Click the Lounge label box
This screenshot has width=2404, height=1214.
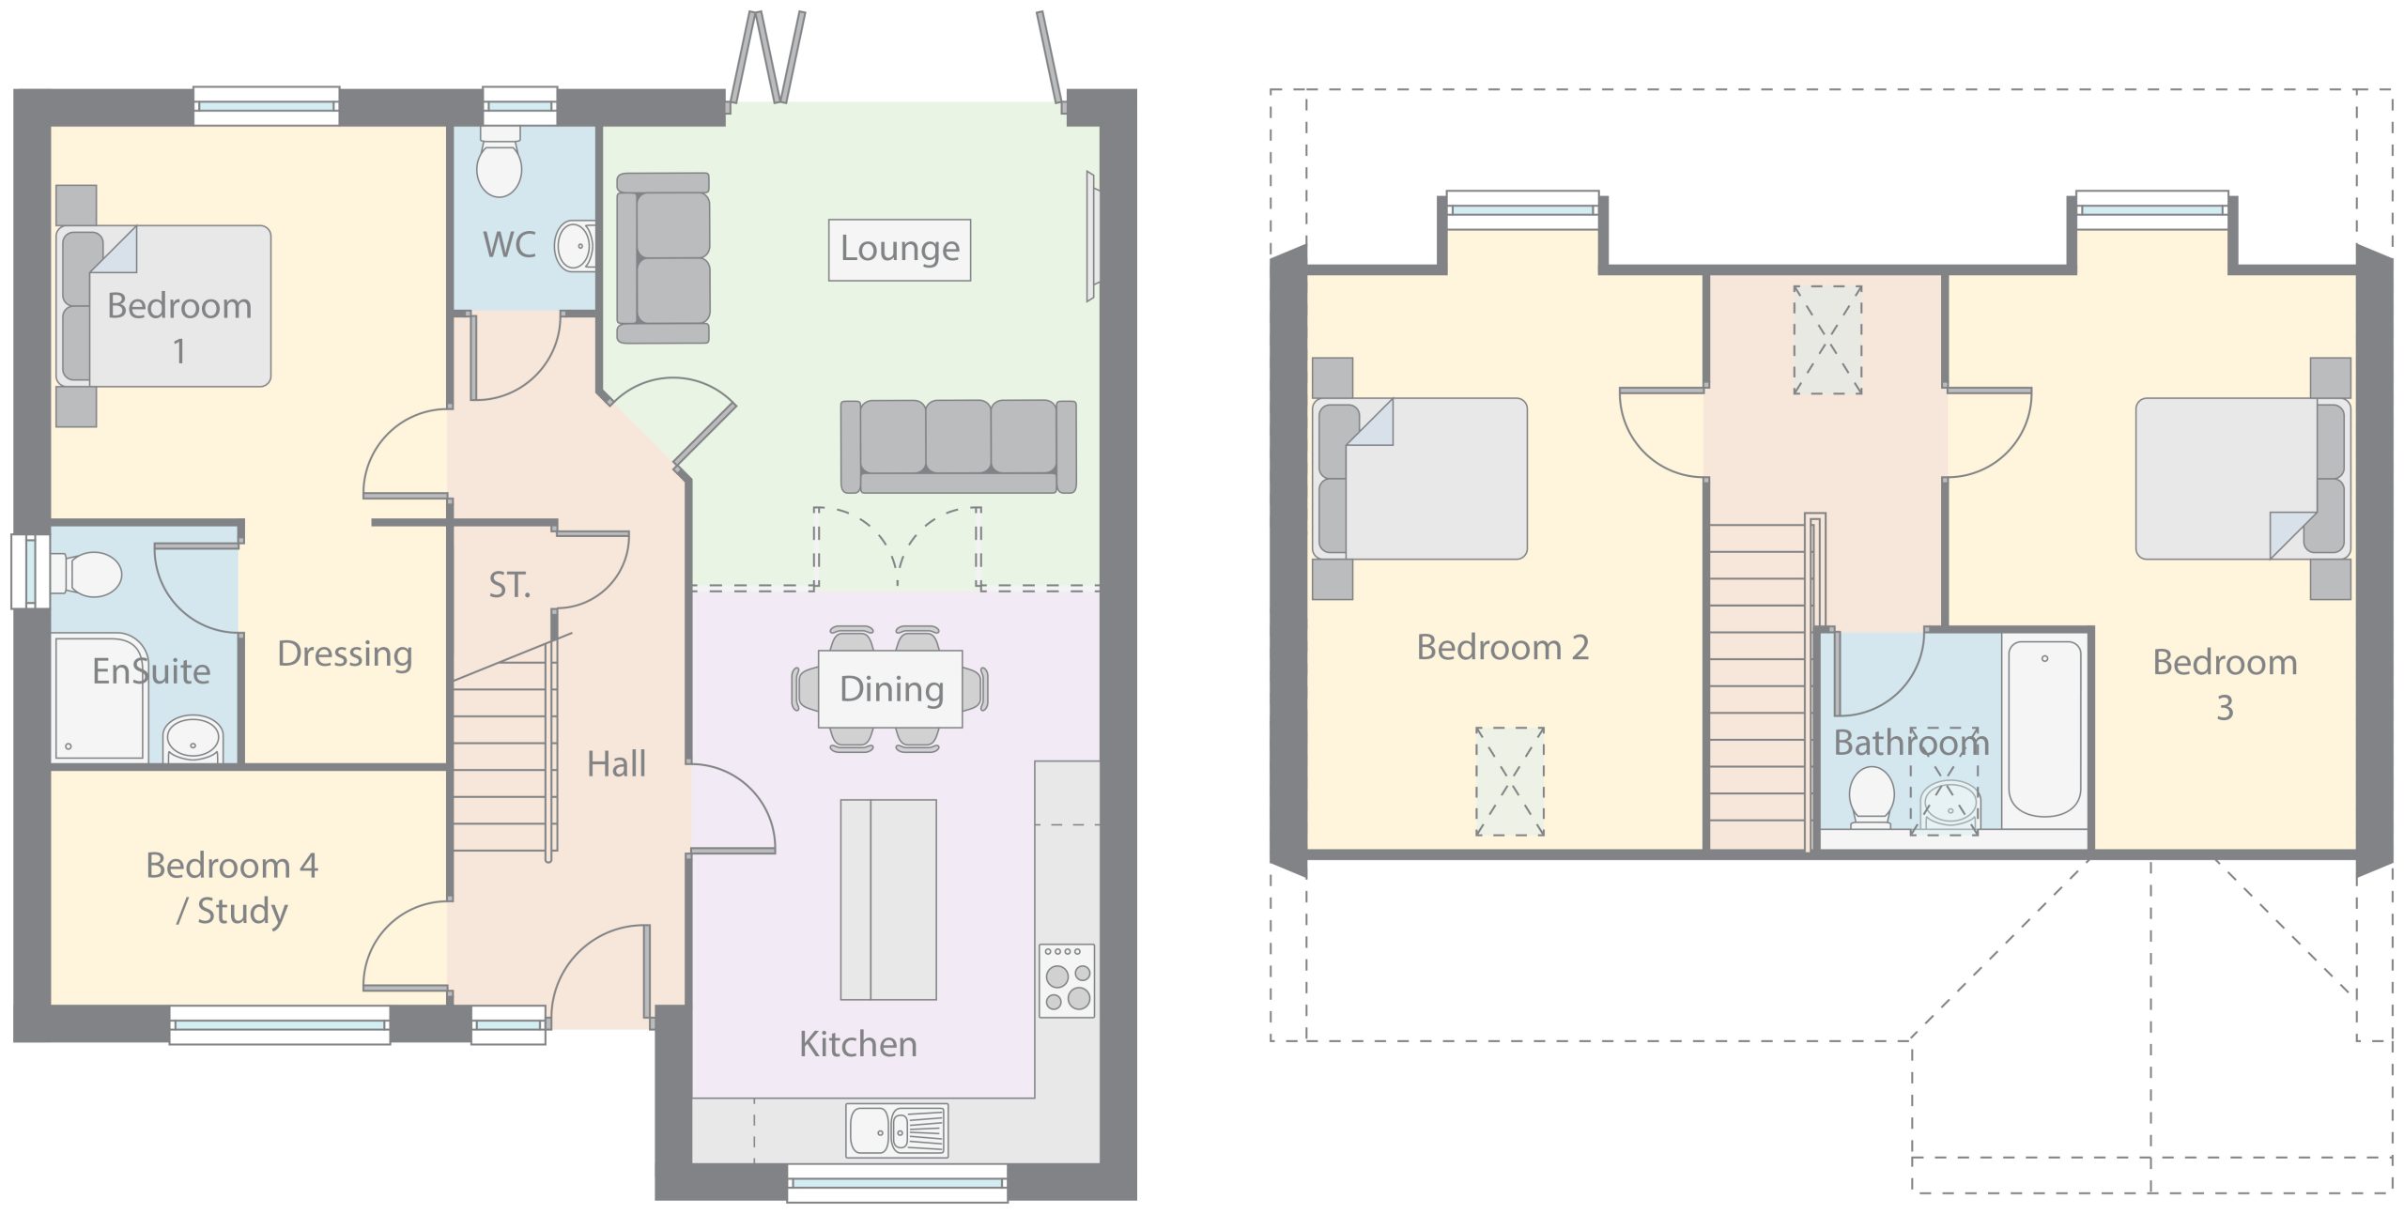tap(899, 250)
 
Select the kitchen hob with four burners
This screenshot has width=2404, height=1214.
tap(1068, 980)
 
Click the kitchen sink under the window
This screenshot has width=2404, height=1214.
tap(897, 1129)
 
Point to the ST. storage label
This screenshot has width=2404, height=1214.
tap(510, 585)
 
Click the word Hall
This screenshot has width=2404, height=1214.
tap(616, 764)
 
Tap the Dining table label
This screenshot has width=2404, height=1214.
tap(891, 689)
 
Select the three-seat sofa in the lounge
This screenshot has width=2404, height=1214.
tap(958, 447)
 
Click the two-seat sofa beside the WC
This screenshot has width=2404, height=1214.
tap(663, 258)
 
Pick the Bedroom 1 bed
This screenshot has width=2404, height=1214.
tap(163, 306)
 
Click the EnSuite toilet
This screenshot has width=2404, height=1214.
tap(86, 573)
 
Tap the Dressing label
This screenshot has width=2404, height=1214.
tap(345, 654)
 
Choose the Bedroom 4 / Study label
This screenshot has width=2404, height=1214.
tap(232, 887)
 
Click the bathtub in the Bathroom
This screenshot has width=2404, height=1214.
tap(2043, 729)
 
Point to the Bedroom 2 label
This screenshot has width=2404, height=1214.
tap(1502, 647)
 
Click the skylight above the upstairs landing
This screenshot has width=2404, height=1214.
tap(1827, 340)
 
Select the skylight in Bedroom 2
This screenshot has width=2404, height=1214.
tap(1510, 781)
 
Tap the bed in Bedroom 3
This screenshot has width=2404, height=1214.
tap(2242, 479)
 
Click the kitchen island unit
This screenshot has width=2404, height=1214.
tap(888, 899)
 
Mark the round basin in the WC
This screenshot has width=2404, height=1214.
tap(574, 247)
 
